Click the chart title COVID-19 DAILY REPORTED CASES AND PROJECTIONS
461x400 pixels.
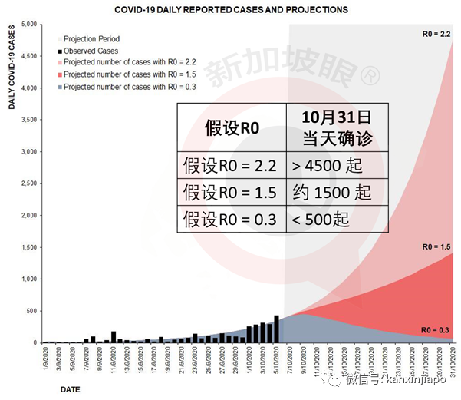point(230,10)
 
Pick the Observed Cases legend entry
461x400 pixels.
point(91,50)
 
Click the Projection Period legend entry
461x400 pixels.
point(91,38)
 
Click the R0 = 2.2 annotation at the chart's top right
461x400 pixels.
point(436,34)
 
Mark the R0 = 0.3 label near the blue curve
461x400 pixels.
point(436,329)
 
